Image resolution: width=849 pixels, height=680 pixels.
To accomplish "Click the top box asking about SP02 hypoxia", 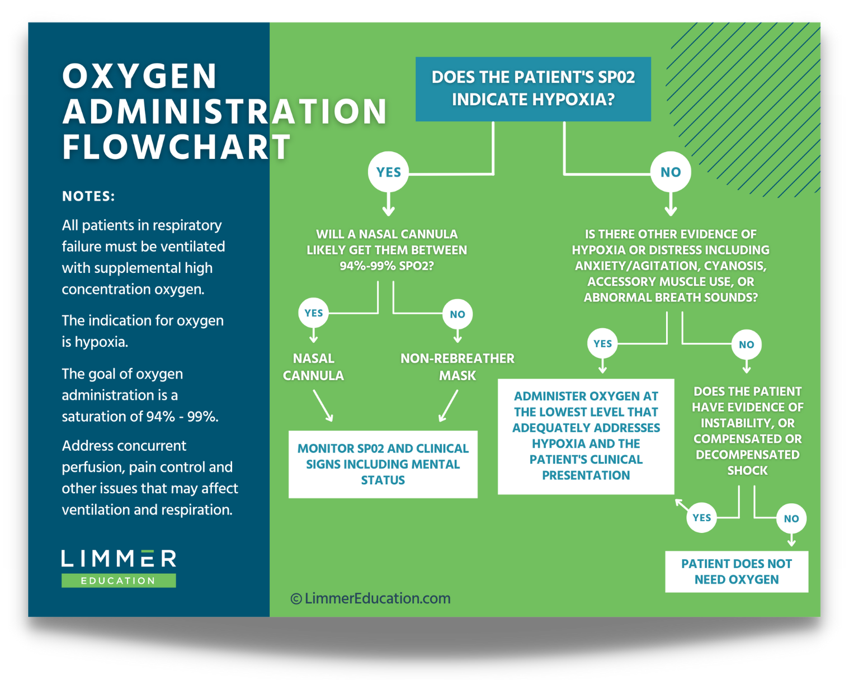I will tap(533, 89).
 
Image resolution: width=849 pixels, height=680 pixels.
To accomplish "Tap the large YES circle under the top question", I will tap(389, 172).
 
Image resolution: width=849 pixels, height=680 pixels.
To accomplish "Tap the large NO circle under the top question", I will tap(671, 172).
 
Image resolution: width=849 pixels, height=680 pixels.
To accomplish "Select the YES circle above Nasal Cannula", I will tap(313, 313).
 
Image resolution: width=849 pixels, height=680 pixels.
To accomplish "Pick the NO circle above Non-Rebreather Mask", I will tap(457, 314).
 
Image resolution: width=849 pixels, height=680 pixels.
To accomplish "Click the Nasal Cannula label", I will tap(313, 367).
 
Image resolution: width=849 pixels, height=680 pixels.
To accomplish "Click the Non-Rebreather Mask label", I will tap(457, 367).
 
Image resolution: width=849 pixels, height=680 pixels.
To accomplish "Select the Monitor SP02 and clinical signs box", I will tap(383, 464).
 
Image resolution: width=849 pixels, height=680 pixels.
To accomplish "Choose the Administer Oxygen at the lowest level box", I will tap(586, 436).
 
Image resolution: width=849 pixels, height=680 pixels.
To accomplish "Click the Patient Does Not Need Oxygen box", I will tap(737, 572).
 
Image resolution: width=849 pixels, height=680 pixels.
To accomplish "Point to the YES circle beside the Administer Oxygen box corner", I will tap(701, 518).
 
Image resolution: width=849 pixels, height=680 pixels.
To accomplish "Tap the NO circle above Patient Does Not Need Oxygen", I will tap(791, 518).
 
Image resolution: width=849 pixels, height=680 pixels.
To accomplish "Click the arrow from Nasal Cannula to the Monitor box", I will tap(323, 406).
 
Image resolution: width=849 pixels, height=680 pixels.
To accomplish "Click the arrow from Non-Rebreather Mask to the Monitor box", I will tap(449, 406).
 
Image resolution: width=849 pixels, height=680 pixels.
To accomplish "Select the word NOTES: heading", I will tap(88, 196).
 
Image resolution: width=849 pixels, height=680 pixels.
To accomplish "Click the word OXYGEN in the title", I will tap(140, 76).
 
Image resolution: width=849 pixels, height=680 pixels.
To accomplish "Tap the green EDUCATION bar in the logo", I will tap(119, 580).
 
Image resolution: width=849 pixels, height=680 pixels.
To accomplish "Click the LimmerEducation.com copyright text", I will tap(371, 598).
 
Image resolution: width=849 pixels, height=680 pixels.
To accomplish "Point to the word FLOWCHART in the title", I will tap(176, 148).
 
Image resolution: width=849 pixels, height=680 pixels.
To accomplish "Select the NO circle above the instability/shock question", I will tap(746, 344).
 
